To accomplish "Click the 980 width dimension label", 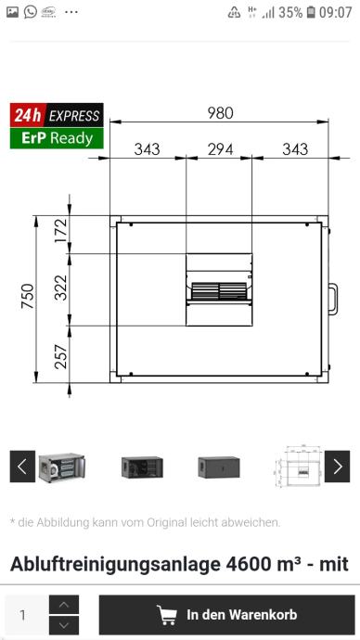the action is [221, 113].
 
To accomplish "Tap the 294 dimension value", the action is [221, 149].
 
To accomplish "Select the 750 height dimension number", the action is [28, 296].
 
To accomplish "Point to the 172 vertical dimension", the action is [61, 231].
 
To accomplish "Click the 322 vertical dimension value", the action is [61, 288].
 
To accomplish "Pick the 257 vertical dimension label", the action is [61, 356].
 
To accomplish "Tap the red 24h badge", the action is [27, 116].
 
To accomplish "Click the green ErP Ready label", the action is [57, 138].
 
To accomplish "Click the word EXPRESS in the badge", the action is [74, 116].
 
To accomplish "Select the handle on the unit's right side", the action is [333, 300].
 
